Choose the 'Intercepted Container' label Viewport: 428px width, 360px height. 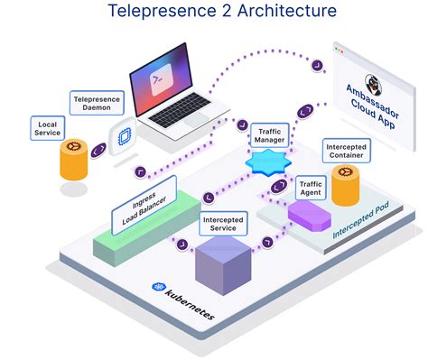coord(347,150)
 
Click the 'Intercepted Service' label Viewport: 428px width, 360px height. coord(221,223)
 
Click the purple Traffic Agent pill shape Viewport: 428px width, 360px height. coord(311,215)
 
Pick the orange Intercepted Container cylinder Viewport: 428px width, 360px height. coord(347,185)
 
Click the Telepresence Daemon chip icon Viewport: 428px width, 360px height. coord(122,135)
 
